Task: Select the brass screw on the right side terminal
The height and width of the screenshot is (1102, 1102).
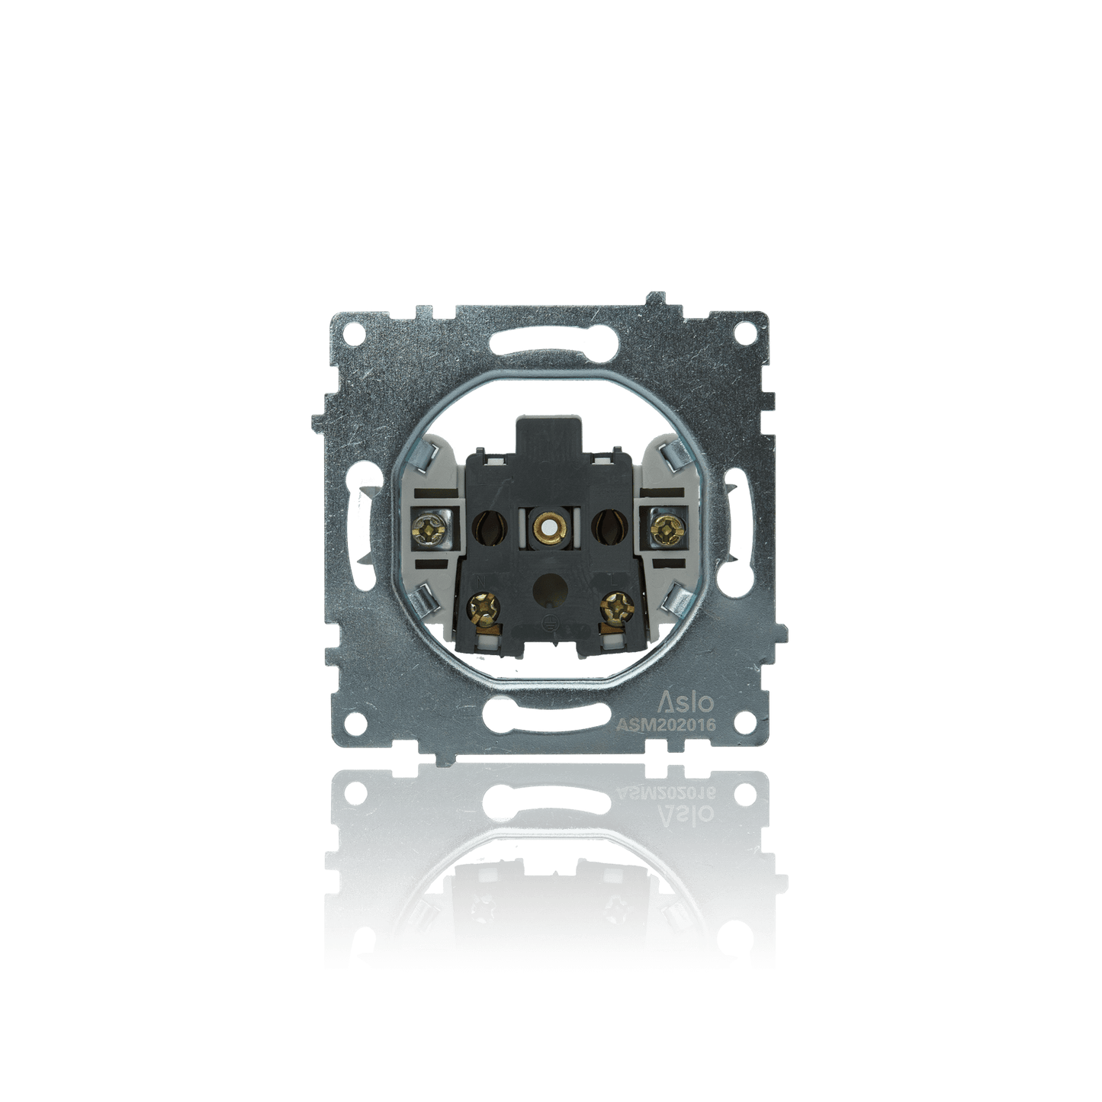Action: (667, 525)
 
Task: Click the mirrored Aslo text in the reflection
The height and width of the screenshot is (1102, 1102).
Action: (676, 812)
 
